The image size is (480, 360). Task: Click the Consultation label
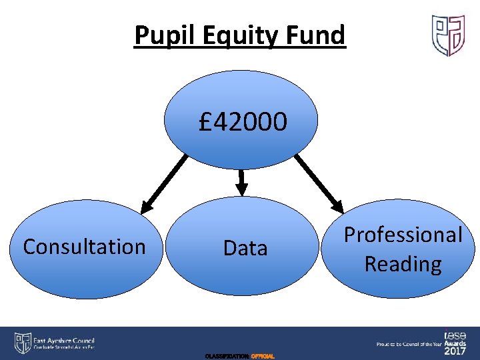point(84,247)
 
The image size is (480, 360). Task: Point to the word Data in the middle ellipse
point(245,248)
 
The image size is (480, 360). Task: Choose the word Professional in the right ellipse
point(403,235)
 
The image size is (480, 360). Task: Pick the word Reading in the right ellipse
point(403,264)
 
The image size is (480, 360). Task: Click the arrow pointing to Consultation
point(164,181)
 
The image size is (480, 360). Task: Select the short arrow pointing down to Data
point(242,180)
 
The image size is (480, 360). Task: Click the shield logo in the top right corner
point(448,35)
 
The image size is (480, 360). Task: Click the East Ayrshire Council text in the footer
point(65,339)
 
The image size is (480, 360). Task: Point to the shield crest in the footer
point(22,343)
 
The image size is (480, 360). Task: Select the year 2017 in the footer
point(455,351)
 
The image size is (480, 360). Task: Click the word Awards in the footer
point(455,343)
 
